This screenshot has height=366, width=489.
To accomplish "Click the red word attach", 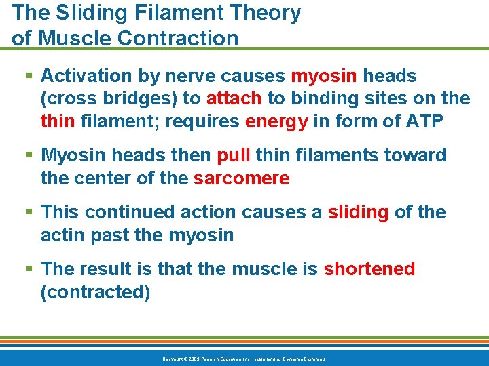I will coord(234,98).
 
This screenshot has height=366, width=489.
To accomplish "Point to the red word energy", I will coord(277,121).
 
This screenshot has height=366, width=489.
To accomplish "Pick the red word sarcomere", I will coord(241,178).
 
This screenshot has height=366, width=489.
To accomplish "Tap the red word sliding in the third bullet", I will coord(359,212).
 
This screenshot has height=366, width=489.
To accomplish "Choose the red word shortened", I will coord(369,269).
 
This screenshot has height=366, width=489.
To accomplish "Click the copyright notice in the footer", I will coord(244,359).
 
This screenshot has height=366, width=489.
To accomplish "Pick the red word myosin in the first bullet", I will coord(324,76).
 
